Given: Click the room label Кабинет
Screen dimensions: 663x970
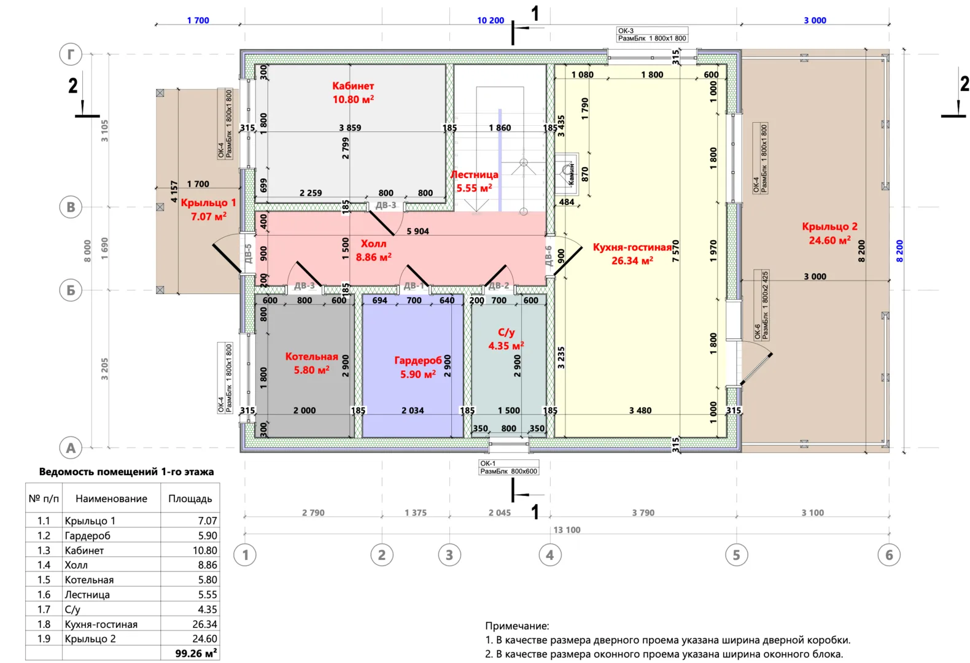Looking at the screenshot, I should pos(353,86).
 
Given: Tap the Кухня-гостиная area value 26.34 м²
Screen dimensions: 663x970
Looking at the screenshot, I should pos(632,261).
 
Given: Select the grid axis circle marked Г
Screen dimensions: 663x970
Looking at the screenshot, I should pos(71,54).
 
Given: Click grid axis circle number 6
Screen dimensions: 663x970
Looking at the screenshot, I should pos(889,555).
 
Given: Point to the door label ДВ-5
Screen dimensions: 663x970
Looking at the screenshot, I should pos(248,254).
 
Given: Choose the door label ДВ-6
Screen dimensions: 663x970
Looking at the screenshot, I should pos(549,255).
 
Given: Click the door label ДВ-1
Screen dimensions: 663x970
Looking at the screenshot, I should pos(414,285).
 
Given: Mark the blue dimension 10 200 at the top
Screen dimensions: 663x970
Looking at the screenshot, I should pos(491,20).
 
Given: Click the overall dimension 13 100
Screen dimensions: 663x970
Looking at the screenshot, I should pos(567,530).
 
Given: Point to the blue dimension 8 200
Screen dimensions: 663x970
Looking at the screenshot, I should pos(900,250).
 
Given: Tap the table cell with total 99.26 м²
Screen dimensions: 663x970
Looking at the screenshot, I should pos(195,653).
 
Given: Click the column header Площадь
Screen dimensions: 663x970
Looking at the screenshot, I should pos(190,498).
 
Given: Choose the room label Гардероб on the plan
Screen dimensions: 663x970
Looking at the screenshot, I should pos(417,360).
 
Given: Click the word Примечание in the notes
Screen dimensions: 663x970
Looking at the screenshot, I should pos(517,626).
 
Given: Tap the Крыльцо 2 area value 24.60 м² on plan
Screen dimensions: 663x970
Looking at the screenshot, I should pos(829,241).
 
